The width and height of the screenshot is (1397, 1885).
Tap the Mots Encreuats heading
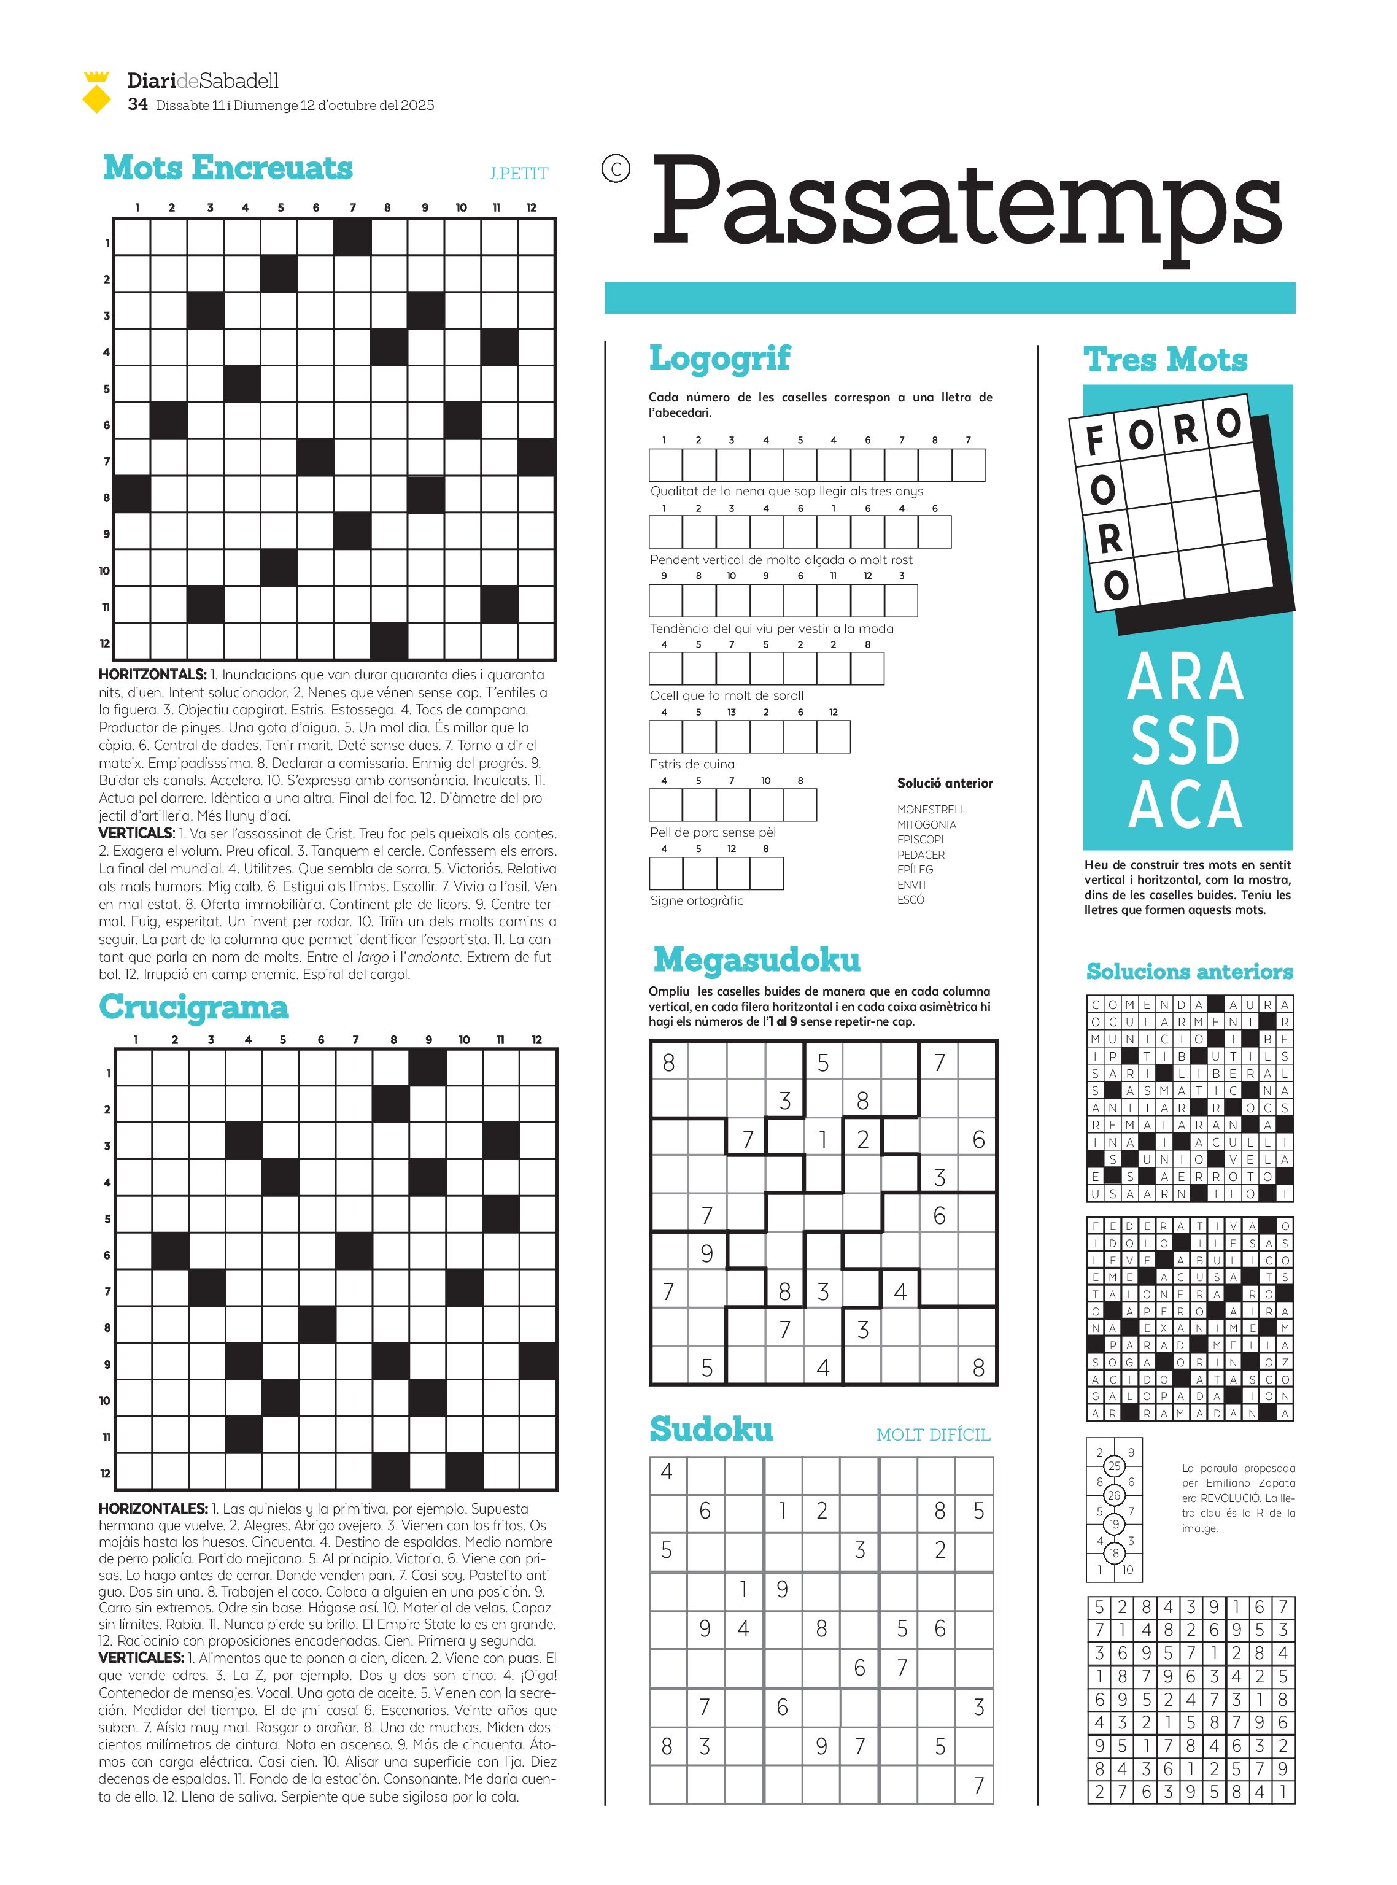coord(228,168)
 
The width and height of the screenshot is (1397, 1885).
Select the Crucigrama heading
coord(193,1007)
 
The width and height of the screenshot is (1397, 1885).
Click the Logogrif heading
coord(719,358)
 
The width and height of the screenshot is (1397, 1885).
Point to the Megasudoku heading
coord(757,960)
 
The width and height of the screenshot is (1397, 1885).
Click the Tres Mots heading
coord(1166,360)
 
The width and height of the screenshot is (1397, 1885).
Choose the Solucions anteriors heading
coord(1189,972)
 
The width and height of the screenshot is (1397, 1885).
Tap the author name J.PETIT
coord(519,173)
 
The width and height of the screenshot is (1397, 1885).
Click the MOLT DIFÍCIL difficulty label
coord(933,1435)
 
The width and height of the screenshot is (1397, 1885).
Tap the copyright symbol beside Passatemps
coord(616,169)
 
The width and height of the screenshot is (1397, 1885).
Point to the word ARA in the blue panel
coord(1186,678)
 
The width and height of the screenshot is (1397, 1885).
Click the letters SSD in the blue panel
coord(1186,741)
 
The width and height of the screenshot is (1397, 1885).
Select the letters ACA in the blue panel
coord(1186,804)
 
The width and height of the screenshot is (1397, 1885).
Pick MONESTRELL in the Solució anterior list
coord(931,810)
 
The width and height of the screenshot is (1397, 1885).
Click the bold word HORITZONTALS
coord(152,675)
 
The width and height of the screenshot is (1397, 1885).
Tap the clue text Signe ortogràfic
coord(696,900)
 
